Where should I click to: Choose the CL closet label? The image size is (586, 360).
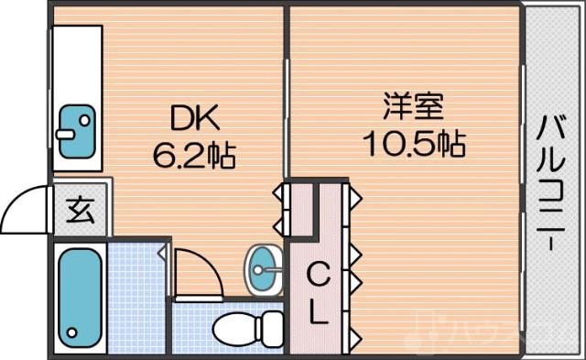(x=318, y=294)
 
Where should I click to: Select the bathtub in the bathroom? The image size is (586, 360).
(x=80, y=295)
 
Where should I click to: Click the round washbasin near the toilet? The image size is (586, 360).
(x=265, y=267)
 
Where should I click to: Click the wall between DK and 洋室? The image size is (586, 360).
(x=287, y=92)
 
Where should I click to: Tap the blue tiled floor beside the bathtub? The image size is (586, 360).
(x=137, y=293)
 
